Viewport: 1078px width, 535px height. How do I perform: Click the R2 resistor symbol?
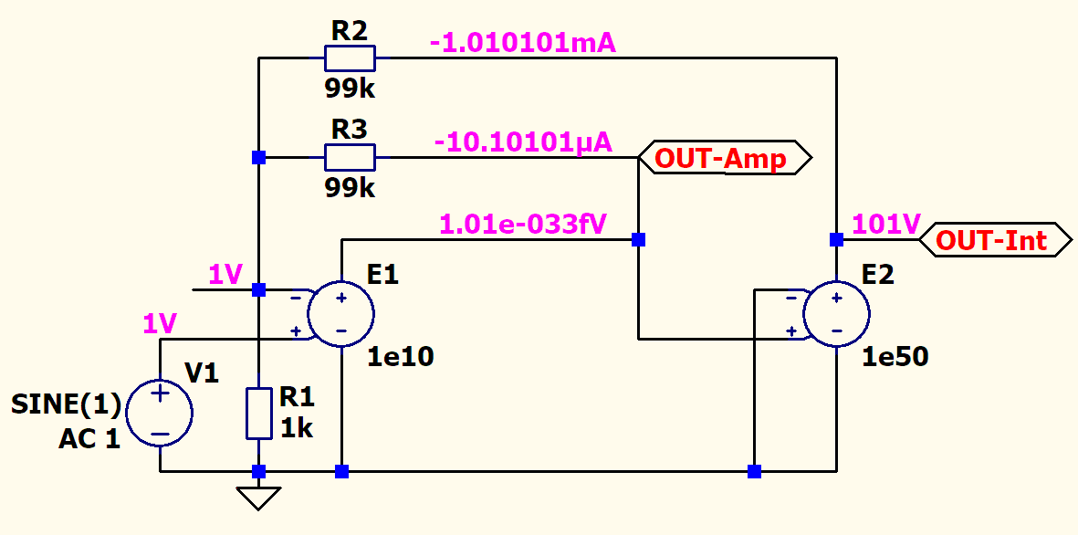tap(350, 58)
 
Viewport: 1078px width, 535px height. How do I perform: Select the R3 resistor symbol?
tap(350, 157)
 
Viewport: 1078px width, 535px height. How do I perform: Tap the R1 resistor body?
tap(258, 414)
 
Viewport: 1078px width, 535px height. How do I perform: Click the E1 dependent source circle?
tap(341, 313)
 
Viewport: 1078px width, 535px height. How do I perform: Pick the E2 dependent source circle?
tap(836, 313)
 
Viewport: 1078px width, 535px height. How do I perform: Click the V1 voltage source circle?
tap(160, 414)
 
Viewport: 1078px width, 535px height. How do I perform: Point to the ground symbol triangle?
tap(258, 498)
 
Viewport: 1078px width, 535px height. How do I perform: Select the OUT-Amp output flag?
tap(726, 158)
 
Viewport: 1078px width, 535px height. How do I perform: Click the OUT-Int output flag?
tap(995, 240)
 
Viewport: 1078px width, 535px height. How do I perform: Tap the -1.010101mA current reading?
tap(523, 44)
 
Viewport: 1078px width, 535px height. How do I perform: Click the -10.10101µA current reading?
tap(523, 143)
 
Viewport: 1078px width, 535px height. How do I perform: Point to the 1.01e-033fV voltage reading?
tap(522, 225)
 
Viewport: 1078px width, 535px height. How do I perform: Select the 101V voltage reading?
tap(885, 224)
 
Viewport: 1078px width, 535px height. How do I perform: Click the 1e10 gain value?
tap(401, 357)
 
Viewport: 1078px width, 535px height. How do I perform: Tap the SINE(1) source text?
tap(66, 404)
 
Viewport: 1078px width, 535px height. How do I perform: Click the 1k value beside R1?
tap(297, 428)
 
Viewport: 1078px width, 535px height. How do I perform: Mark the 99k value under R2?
tap(350, 88)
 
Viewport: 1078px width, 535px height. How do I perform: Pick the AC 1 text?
tap(89, 439)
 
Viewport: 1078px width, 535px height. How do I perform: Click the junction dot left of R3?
tap(258, 157)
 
